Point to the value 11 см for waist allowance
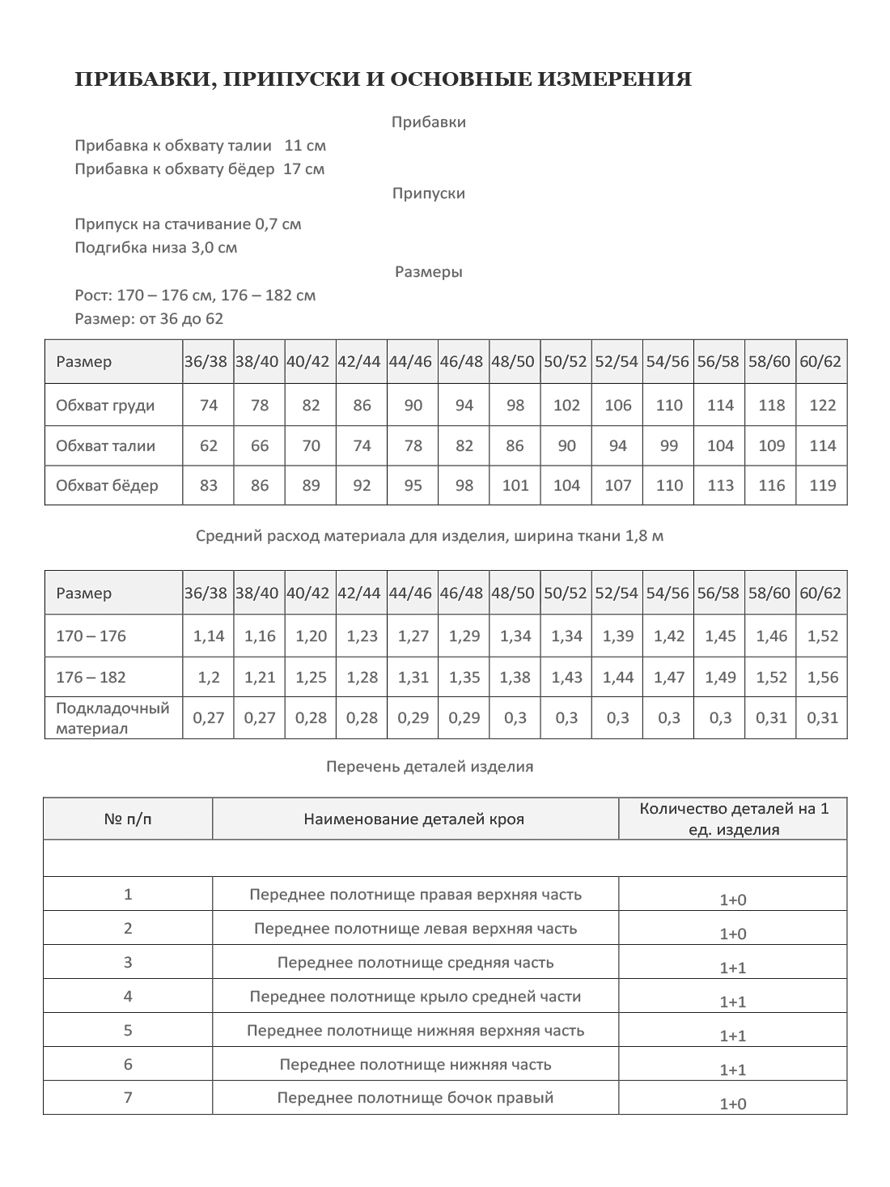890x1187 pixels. tap(305, 146)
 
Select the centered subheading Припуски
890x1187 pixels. tap(428, 194)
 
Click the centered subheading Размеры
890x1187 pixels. tap(428, 272)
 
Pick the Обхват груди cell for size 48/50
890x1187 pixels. tap(515, 406)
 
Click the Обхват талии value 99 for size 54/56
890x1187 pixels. tap(669, 445)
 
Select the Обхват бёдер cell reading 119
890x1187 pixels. tap(822, 486)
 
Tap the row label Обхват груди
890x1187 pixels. tap(105, 406)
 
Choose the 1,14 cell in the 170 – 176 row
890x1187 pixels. tap(209, 636)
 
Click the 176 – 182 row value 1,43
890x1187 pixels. tap(566, 678)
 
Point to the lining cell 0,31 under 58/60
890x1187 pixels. tap(771, 717)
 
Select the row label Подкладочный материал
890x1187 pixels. tap(112, 718)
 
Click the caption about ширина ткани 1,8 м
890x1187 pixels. tap(430, 536)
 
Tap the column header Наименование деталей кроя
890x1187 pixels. tap(414, 819)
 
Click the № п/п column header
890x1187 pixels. tap(128, 819)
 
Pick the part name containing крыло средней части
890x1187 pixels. tap(415, 997)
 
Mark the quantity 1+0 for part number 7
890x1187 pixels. tap(732, 1104)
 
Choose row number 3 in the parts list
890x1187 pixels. tap(128, 963)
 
